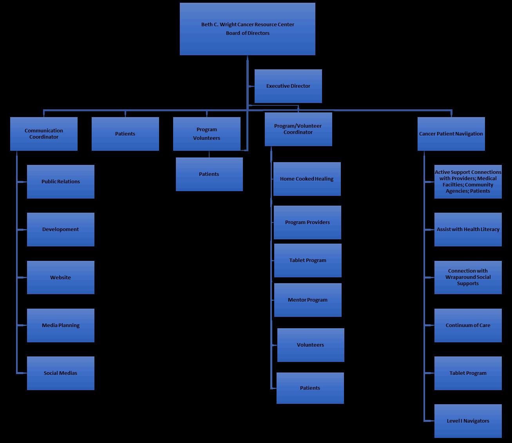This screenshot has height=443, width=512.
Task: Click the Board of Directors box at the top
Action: point(247,29)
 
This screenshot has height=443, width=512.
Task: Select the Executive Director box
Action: point(288,86)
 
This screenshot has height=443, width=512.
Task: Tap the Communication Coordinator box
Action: point(44,134)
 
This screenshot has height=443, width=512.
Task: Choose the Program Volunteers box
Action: point(206,134)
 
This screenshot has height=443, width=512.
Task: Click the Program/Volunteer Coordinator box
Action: point(298,129)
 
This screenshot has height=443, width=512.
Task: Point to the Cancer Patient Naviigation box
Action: point(451,134)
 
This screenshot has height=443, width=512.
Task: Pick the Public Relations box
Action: point(61,182)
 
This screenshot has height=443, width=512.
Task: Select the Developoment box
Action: point(61,230)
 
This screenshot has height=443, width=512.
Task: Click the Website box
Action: point(61,277)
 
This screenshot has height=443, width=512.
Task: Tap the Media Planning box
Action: point(61,325)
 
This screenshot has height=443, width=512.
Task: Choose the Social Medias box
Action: point(61,373)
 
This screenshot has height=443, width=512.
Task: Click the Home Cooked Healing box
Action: point(307,179)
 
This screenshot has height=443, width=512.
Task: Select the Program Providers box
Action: point(307,222)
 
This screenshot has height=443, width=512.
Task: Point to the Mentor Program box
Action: point(308,300)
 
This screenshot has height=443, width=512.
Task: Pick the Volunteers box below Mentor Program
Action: point(311,345)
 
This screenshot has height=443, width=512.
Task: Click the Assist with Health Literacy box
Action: point(468,230)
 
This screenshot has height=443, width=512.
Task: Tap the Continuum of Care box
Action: point(468,325)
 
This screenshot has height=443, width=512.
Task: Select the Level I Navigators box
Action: point(468,421)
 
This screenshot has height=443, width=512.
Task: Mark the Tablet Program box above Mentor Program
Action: point(308,260)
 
